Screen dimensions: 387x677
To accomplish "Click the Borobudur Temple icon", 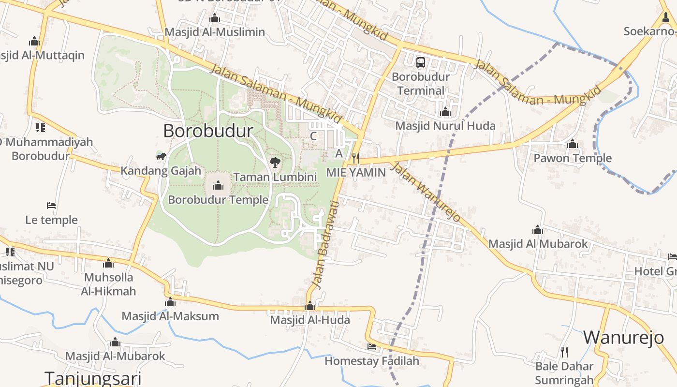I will coord(218,185).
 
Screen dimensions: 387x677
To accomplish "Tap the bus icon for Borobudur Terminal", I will coord(421,62).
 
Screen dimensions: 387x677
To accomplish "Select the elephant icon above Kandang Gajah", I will coord(161,156).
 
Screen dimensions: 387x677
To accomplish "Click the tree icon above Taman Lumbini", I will coord(275,163).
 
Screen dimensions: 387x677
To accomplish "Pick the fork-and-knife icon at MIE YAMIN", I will coord(356,158).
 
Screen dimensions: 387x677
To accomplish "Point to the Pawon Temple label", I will coord(573,158).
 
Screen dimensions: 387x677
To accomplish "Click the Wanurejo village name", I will coord(623,338).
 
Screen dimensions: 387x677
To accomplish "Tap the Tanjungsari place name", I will coord(93,378).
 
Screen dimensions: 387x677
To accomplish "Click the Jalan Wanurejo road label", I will coord(425,192).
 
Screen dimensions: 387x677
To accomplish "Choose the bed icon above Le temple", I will coord(51,206).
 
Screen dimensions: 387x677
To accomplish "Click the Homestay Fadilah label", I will coord(371,361).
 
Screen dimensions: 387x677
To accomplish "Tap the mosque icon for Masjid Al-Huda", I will coord(310,306).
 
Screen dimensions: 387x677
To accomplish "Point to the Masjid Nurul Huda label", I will coord(445,126).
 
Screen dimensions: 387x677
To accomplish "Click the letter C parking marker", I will coord(313,136).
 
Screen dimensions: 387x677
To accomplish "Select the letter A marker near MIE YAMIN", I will coord(339,153).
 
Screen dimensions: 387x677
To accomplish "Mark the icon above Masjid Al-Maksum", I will coord(170,303).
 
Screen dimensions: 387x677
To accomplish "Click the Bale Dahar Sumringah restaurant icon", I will coord(564,352).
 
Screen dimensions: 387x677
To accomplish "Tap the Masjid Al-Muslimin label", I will coord(215,32).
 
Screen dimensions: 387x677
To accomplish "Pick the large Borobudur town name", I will coord(208,131).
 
